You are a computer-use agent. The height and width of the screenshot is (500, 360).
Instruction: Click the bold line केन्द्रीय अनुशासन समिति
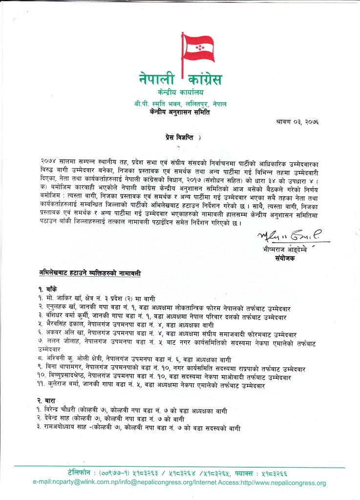point(181,113)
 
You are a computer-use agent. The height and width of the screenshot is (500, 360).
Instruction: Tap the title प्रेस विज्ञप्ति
point(180,139)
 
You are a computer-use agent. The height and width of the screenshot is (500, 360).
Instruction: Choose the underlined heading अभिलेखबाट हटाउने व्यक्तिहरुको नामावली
point(91,272)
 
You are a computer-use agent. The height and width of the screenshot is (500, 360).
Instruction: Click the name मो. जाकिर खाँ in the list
point(54,298)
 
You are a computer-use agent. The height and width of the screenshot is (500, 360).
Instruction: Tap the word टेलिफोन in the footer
point(82,473)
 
